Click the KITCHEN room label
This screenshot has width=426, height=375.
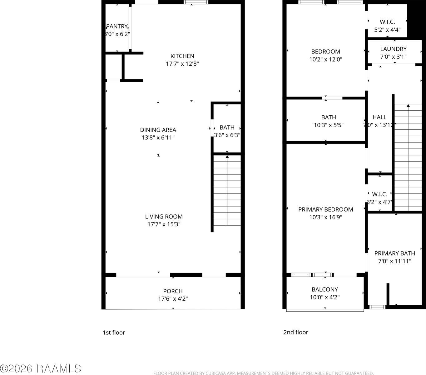pyautogui.click(x=182, y=56)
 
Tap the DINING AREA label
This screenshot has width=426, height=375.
pyautogui.click(x=158, y=130)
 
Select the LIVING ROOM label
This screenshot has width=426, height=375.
pyautogui.click(x=164, y=217)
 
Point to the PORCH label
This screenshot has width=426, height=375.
pyautogui.click(x=173, y=291)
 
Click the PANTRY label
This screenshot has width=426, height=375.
pyautogui.click(x=117, y=27)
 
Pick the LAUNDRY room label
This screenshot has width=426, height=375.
pyautogui.click(x=393, y=49)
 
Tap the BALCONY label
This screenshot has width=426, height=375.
pyautogui.click(x=325, y=289)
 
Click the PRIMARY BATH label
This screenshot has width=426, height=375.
pyautogui.click(x=395, y=253)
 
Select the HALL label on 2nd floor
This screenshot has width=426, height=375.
pyautogui.click(x=379, y=117)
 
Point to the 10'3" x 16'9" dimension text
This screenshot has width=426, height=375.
pyautogui.click(x=326, y=217)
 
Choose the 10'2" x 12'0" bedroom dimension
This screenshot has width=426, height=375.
pyautogui.click(x=326, y=59)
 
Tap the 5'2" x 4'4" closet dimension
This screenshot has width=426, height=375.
pyautogui.click(x=387, y=30)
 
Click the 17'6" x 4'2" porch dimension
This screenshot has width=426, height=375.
pyautogui.click(x=173, y=299)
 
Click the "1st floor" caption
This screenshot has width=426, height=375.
pyautogui.click(x=114, y=332)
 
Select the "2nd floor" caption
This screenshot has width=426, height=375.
pyautogui.click(x=295, y=332)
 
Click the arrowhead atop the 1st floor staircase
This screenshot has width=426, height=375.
pyautogui.click(x=227, y=157)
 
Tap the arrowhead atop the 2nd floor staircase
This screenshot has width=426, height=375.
pyautogui.click(x=408, y=106)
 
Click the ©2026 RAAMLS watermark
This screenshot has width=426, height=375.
pyautogui.click(x=41, y=368)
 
